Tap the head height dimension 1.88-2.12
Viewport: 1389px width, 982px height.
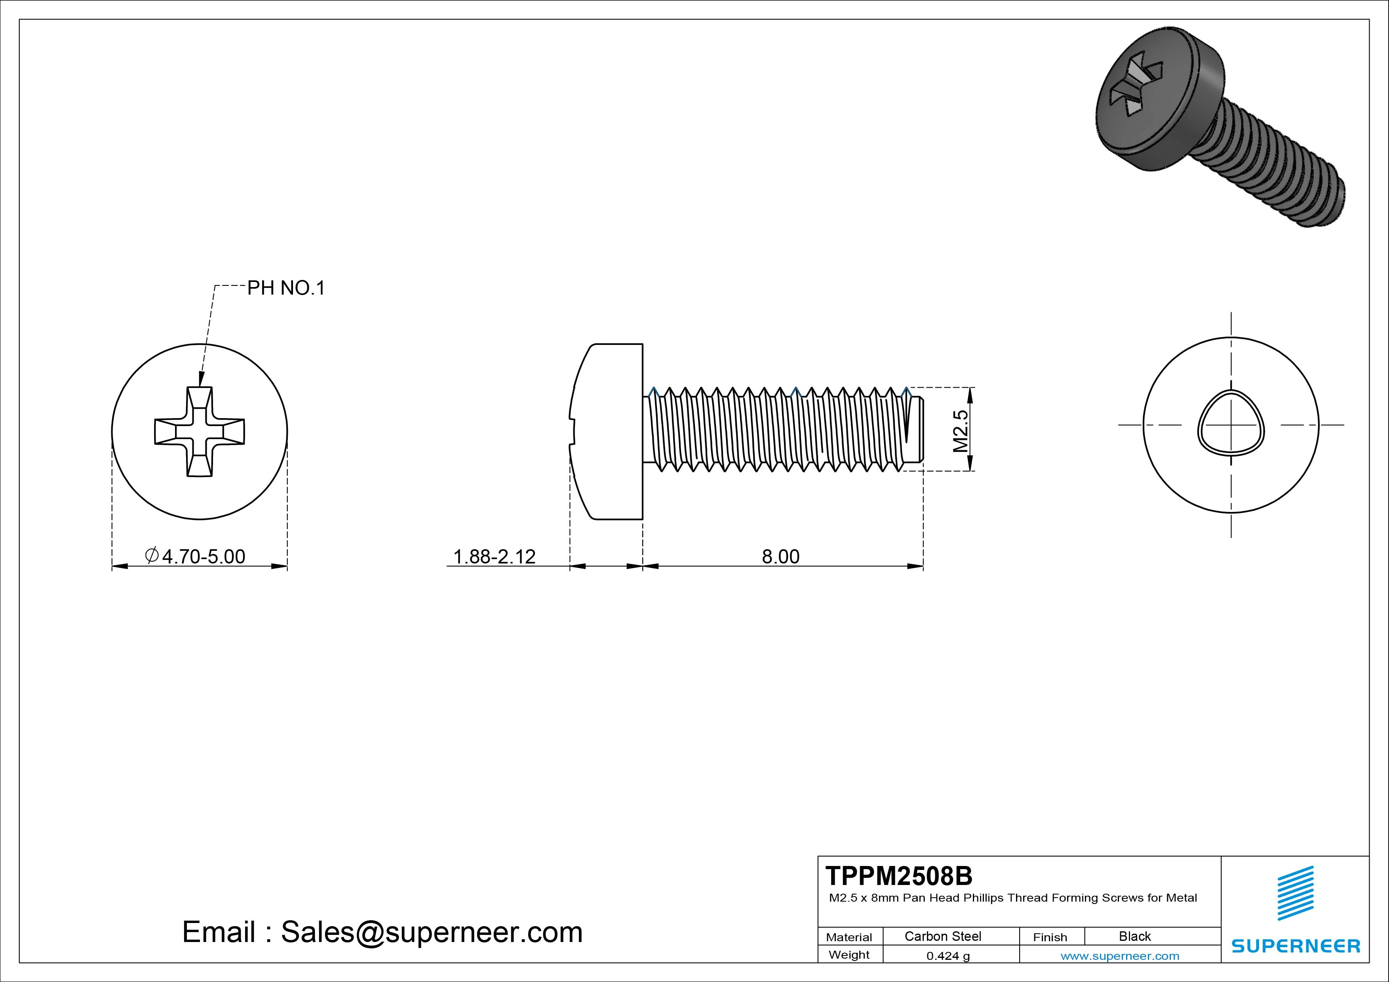tap(494, 556)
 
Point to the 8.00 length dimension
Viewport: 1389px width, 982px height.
tap(780, 556)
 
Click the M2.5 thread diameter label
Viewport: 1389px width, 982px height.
tap(960, 431)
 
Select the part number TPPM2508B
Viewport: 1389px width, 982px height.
tap(898, 875)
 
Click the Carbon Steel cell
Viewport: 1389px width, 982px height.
tap(942, 936)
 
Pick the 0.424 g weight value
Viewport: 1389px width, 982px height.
tap(948, 956)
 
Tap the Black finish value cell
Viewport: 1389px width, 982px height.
tap(1134, 936)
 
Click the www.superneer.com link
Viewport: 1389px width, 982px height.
tap(1119, 956)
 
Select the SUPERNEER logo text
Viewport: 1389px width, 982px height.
tap(1296, 946)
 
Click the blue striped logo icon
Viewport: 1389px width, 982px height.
tap(1295, 893)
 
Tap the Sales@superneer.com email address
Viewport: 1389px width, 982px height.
tap(431, 932)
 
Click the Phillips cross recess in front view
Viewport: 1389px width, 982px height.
tap(200, 431)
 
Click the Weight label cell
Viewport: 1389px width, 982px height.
tap(849, 955)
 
